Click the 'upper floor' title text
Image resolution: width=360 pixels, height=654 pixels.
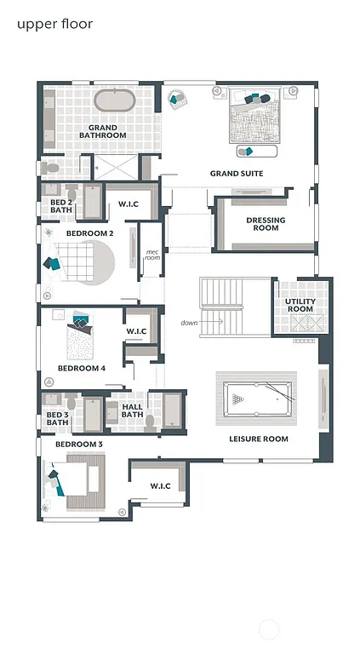[x=54, y=24]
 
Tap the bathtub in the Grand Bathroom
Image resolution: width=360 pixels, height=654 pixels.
[x=115, y=100]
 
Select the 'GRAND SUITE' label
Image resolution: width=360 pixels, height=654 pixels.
[x=237, y=174]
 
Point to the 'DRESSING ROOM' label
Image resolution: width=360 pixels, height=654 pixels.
[x=266, y=224]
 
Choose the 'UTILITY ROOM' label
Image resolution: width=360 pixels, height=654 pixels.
[x=300, y=305]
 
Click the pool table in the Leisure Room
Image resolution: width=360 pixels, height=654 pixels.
[x=258, y=398]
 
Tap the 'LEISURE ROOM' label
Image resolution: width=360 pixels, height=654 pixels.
[x=259, y=439]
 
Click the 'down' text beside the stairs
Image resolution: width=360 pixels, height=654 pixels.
[x=189, y=323]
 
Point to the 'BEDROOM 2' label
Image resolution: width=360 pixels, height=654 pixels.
[x=90, y=233]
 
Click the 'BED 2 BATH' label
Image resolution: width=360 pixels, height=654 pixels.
[x=60, y=205]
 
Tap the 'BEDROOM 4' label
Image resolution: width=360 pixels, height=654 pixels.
[x=82, y=369]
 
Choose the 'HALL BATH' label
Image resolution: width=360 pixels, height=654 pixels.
[x=132, y=411]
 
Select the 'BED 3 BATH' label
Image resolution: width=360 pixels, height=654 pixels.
[x=57, y=418]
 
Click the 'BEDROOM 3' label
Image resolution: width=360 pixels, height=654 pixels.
[x=79, y=445]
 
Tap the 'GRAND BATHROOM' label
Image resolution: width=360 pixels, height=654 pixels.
[x=103, y=132]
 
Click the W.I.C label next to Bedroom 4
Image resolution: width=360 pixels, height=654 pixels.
[x=137, y=330]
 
